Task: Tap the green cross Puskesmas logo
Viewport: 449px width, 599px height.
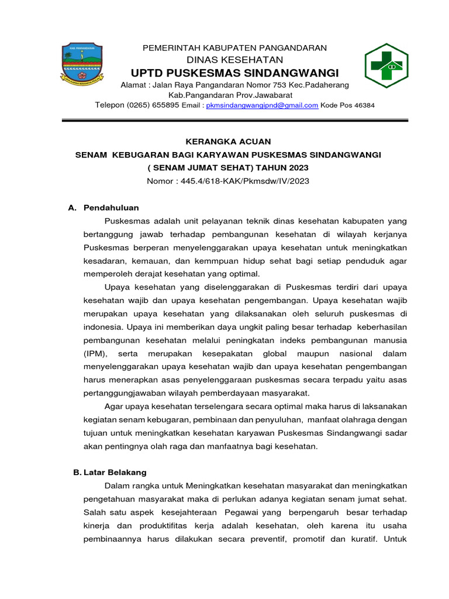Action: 386,66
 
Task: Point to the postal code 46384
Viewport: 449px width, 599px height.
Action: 362,105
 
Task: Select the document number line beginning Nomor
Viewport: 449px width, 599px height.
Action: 228,181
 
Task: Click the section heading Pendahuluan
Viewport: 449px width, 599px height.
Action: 111,208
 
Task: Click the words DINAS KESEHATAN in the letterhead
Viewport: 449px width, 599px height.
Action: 235,60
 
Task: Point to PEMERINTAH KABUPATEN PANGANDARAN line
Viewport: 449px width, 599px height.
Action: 235,48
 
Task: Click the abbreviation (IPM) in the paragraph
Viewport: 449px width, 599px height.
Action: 96,353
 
